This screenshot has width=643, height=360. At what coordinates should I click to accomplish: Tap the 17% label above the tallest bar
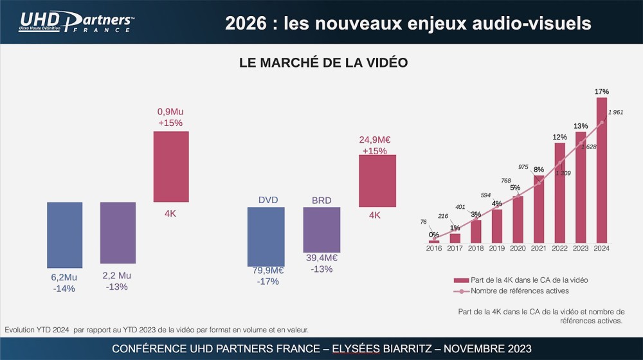[602, 92]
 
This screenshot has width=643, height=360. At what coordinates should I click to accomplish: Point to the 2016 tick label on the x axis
[434, 248]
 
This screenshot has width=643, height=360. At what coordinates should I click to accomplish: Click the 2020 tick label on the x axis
[518, 248]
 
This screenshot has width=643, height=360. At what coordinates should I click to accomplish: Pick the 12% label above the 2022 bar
[559, 137]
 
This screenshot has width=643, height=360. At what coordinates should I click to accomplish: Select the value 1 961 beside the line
[615, 113]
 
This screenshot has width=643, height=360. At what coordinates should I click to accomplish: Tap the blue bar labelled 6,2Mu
[64, 235]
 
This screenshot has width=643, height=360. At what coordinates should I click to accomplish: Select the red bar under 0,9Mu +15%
[171, 166]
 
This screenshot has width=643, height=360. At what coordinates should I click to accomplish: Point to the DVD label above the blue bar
[268, 201]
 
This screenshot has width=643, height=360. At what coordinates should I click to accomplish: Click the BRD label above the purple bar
[321, 201]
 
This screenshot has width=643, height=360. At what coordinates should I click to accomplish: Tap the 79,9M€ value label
[267, 270]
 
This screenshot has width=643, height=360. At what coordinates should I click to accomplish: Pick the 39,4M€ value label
[321, 258]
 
